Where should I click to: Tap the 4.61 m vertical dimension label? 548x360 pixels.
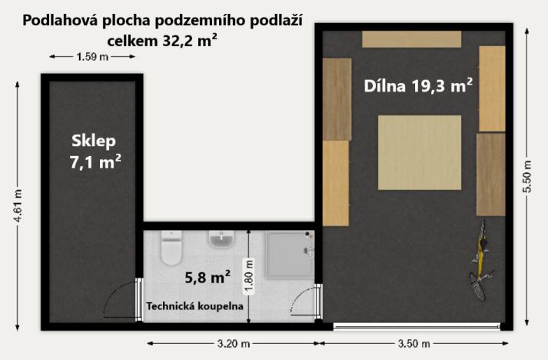tap(17, 208)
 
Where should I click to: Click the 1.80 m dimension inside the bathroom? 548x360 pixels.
tap(247, 273)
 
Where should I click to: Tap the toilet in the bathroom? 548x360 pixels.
tap(171, 248)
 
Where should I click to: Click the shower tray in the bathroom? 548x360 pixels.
tap(290, 255)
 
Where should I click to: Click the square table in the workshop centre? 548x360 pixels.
tap(419, 152)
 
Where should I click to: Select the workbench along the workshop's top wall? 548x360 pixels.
tap(411, 39)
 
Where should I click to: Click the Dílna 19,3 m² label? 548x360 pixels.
tap(417, 85)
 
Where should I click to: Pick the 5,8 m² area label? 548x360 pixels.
tap(206, 275)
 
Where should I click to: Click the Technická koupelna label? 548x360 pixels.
tap(195, 306)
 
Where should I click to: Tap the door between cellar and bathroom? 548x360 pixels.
tap(121, 300)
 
